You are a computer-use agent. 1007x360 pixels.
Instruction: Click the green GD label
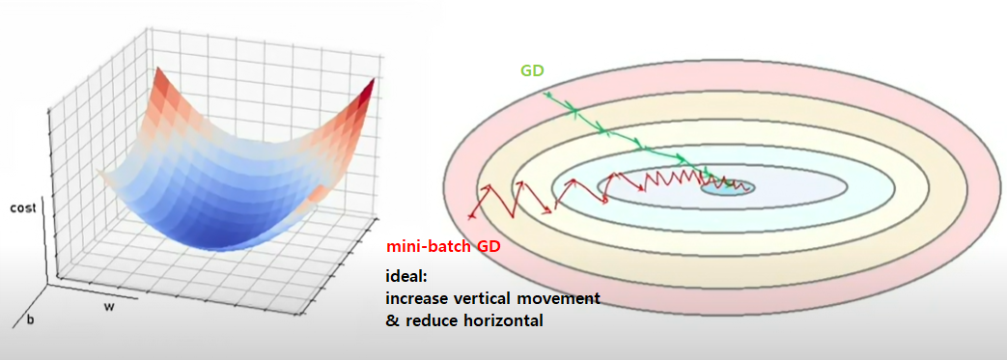[532, 70]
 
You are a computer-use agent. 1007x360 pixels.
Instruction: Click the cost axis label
[24, 208]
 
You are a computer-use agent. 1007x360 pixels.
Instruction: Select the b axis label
[29, 320]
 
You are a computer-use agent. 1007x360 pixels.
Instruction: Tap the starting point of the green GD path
[545, 94]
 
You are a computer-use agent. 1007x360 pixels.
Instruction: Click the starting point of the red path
[472, 217]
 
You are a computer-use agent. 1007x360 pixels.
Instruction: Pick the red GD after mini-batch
[490, 246]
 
